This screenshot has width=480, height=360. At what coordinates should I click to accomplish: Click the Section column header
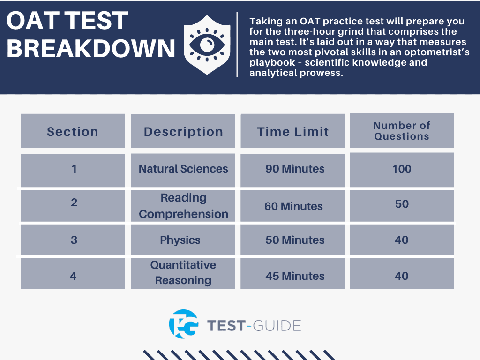[73, 131]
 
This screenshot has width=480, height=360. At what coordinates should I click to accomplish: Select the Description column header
[183, 131]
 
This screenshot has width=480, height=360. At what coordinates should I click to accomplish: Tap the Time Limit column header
[292, 131]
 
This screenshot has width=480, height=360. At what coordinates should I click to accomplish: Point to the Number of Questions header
[402, 131]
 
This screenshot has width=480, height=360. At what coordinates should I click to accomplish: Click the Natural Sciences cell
[183, 170]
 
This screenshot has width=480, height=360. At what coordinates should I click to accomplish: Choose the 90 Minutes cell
[292, 170]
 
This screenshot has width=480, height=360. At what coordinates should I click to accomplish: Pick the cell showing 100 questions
[402, 170]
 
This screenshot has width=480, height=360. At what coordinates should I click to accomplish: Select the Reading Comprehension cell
[183, 206]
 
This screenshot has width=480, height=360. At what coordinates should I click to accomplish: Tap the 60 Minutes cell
[292, 206]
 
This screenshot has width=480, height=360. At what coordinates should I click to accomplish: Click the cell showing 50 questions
[402, 206]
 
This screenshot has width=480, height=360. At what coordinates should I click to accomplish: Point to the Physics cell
[183, 240]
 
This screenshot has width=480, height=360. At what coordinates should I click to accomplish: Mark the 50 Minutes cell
[292, 240]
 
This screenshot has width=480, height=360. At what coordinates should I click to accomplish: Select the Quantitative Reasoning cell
[183, 273]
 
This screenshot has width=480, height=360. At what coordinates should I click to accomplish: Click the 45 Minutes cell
[292, 273]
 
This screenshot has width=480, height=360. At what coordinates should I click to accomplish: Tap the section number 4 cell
[73, 273]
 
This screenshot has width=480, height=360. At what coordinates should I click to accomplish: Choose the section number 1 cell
[73, 170]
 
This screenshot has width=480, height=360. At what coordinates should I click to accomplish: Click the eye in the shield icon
[207, 45]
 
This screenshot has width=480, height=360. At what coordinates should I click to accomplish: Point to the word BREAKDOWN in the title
[90, 48]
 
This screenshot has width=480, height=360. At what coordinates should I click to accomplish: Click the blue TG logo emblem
[184, 324]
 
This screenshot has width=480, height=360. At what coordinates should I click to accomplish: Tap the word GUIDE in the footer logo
[277, 326]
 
